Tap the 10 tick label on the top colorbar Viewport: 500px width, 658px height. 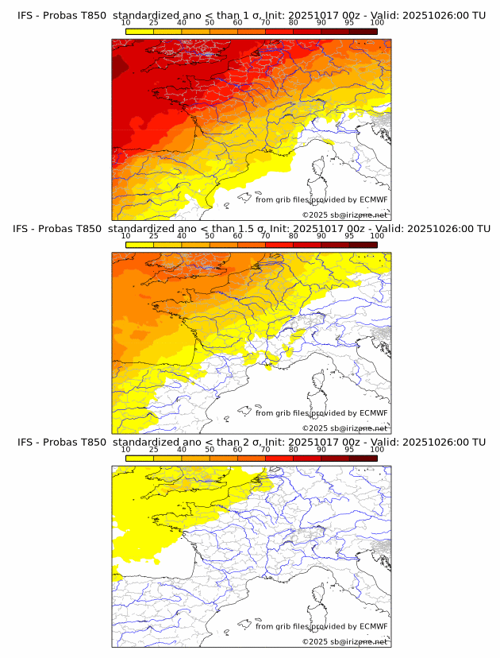(x=126, y=23)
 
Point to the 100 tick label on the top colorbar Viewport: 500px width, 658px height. (x=377, y=23)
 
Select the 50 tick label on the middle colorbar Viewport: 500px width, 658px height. (x=210, y=236)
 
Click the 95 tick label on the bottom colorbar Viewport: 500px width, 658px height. (x=349, y=449)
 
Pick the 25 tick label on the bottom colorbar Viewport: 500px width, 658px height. (x=154, y=449)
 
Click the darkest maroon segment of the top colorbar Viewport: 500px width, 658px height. (x=363, y=31)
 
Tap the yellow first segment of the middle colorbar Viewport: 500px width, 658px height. (x=140, y=244)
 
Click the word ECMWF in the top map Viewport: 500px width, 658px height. (x=373, y=200)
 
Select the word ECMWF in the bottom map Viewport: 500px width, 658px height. (x=373, y=626)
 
